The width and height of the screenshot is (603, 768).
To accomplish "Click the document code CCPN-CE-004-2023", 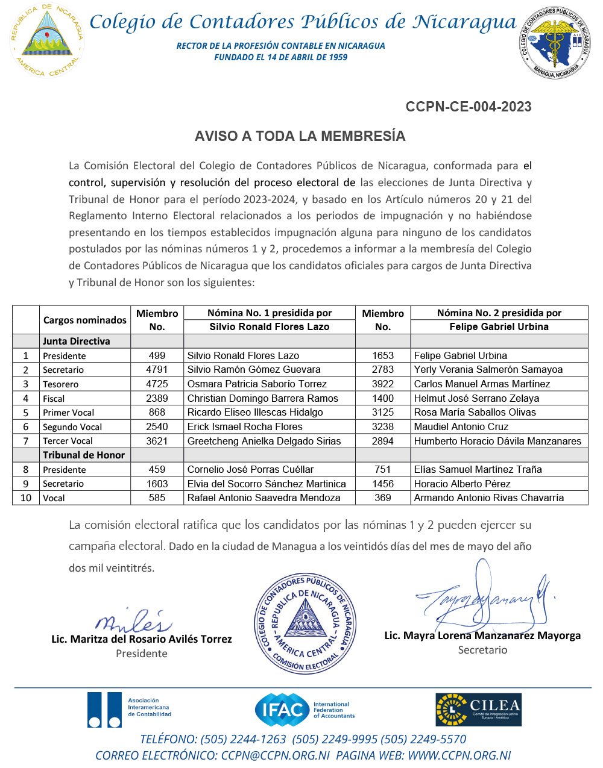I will (x=469, y=107).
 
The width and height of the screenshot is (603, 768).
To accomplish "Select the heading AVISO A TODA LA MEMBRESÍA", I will (x=300, y=137).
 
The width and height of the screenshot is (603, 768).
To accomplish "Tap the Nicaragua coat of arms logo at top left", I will (x=47, y=40).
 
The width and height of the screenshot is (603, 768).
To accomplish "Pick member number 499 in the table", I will (x=157, y=355).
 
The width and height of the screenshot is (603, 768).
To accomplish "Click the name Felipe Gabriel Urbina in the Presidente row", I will (x=461, y=355).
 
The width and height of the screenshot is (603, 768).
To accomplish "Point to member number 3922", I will (x=383, y=384).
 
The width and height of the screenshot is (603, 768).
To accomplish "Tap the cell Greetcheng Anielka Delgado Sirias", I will (x=264, y=441).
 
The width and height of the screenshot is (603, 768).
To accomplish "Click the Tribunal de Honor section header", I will (x=83, y=455).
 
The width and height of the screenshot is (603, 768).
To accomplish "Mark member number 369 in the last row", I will (x=383, y=498).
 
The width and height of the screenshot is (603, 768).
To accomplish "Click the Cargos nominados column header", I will (x=85, y=320).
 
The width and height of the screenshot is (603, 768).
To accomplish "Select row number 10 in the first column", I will (x=26, y=498).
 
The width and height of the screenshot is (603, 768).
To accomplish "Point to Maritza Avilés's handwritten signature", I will (x=133, y=620).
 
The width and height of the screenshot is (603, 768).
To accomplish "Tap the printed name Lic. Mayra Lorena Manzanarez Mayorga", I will (x=482, y=635).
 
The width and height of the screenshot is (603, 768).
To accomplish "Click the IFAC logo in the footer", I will (x=305, y=710).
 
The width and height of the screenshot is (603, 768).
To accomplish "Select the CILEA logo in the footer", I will (x=478, y=710).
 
